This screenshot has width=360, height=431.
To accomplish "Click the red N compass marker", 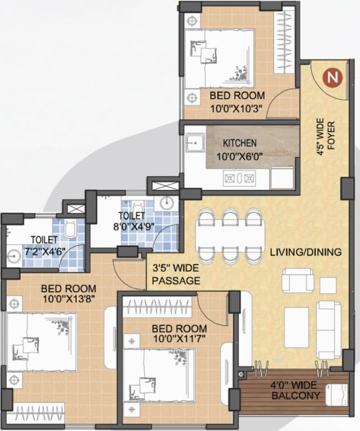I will (x=334, y=77).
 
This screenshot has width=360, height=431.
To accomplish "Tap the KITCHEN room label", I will (x=240, y=143).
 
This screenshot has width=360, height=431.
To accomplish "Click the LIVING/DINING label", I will (x=306, y=253).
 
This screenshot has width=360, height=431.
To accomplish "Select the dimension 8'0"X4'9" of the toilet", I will (x=132, y=227).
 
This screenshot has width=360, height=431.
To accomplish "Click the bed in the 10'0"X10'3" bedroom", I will (x=220, y=55).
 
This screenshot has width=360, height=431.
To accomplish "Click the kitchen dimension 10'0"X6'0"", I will (x=240, y=156).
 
